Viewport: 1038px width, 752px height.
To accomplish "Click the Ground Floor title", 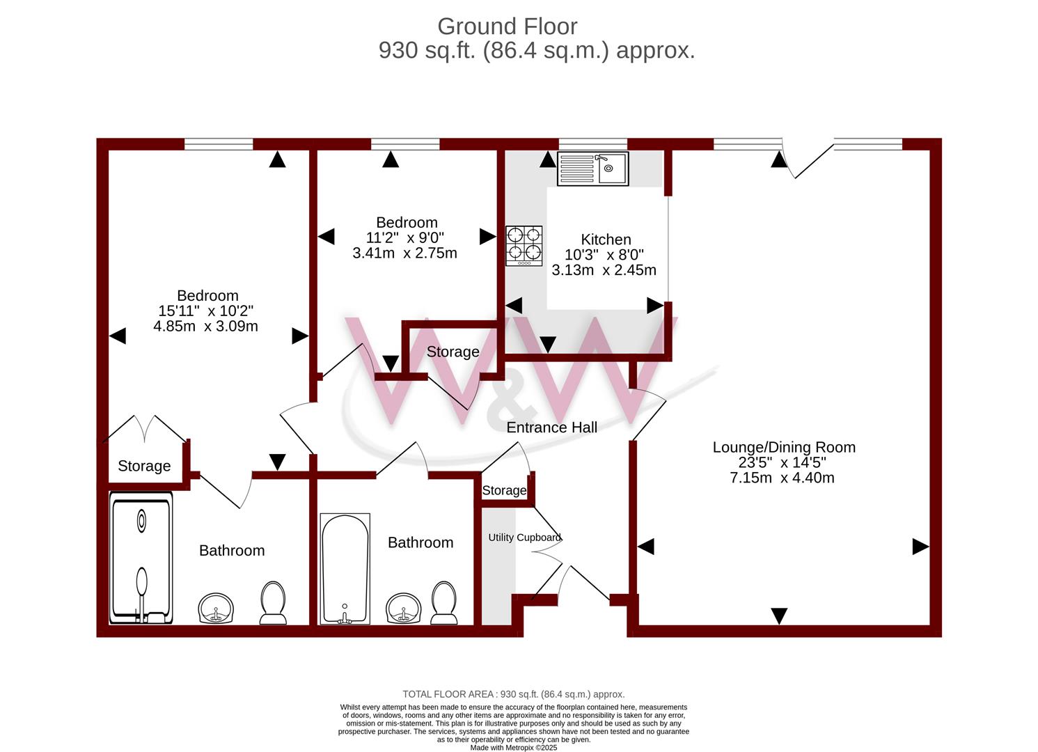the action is pyautogui.click(x=508, y=26).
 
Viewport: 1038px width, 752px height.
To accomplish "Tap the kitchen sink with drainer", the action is pyautogui.click(x=592, y=169).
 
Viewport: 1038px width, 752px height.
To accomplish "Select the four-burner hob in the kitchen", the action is pyautogui.click(x=524, y=246).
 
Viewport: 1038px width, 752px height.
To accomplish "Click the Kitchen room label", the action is pyautogui.click(x=606, y=239).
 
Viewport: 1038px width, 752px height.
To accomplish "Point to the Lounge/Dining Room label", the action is pyautogui.click(x=784, y=447).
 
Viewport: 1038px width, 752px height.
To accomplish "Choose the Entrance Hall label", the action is pyautogui.click(x=551, y=428).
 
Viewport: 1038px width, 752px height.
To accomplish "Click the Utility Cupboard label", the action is pyautogui.click(x=524, y=537).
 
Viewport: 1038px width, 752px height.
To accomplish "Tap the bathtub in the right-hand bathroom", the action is pyautogui.click(x=345, y=568).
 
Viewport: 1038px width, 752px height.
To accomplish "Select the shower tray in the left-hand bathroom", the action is pyautogui.click(x=141, y=558).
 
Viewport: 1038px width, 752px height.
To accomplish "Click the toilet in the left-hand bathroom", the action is pyautogui.click(x=273, y=603).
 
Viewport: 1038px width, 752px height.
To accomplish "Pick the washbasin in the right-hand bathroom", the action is pyautogui.click(x=404, y=608).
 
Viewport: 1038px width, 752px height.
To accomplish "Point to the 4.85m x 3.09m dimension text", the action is pyautogui.click(x=205, y=326).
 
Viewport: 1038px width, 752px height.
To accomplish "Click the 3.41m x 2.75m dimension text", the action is pyautogui.click(x=404, y=253).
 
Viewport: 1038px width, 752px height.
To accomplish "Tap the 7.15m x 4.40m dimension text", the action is pyautogui.click(x=783, y=478).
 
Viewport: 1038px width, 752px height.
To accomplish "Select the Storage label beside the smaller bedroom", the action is pyautogui.click(x=453, y=352).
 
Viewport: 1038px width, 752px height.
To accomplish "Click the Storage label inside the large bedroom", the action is pyautogui.click(x=144, y=466).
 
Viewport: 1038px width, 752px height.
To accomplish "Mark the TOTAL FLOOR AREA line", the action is pyautogui.click(x=514, y=694).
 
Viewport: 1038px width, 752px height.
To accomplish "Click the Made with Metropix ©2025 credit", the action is pyautogui.click(x=514, y=747).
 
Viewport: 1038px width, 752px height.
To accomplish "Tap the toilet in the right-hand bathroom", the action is pyautogui.click(x=444, y=603).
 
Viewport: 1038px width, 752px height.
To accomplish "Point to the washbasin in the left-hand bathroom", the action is pyautogui.click(x=216, y=608).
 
